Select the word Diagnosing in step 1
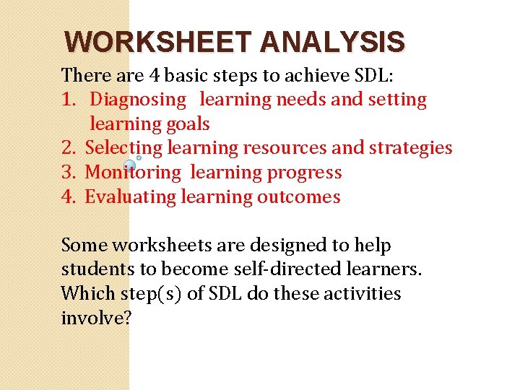point(138,100)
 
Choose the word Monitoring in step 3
point(133,173)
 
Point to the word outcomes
point(298,196)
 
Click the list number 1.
point(70,100)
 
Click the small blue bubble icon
point(130,165)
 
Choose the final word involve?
point(96,318)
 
